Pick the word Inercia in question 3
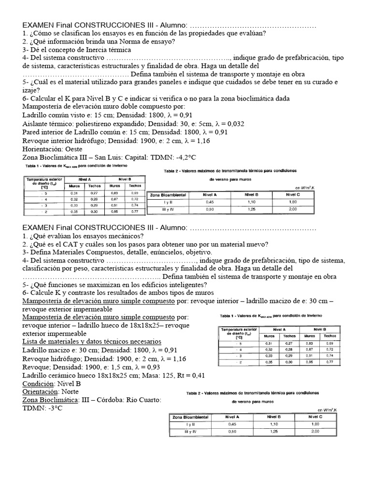point(95,50)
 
